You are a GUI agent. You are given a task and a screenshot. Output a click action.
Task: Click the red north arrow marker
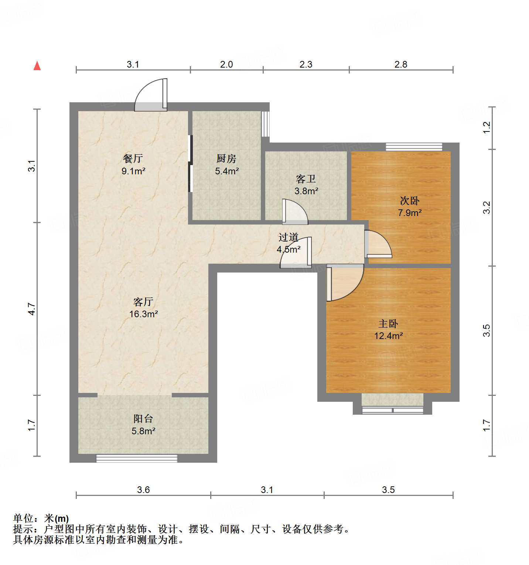click(37, 66)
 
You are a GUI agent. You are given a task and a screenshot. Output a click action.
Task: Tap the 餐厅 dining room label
click(133, 159)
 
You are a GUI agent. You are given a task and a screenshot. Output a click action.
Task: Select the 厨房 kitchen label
click(226, 159)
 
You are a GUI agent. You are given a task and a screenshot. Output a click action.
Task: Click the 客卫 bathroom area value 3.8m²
click(306, 191)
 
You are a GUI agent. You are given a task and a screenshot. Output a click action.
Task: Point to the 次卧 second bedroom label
click(410, 201)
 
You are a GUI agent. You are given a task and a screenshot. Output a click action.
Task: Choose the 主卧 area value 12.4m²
click(388, 336)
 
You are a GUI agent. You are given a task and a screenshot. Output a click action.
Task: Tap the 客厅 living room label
click(143, 302)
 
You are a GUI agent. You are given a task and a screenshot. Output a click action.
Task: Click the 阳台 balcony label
click(143, 418)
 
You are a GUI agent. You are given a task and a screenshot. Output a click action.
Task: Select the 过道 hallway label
click(289, 237)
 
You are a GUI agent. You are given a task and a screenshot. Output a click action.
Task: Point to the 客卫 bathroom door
click(294, 212)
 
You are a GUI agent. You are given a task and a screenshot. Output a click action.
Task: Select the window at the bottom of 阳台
click(137, 458)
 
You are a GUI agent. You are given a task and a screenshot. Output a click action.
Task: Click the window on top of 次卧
click(414, 147)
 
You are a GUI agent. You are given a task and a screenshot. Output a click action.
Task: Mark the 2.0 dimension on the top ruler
click(226, 65)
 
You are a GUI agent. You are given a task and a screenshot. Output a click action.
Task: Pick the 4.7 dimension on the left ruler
click(32, 309)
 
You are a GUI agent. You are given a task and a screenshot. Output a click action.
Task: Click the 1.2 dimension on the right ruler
click(487, 127)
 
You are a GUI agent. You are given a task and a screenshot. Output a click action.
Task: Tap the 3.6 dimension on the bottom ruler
click(143, 490)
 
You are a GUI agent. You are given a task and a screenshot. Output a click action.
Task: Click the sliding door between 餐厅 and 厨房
click(191, 164)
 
